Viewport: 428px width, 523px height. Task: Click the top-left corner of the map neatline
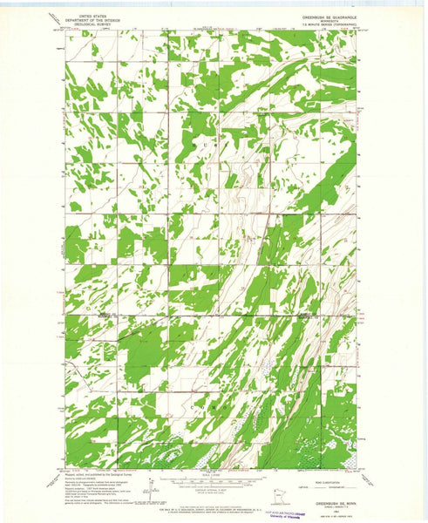pos(65,31)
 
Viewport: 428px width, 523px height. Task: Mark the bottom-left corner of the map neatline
pos(65,469)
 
